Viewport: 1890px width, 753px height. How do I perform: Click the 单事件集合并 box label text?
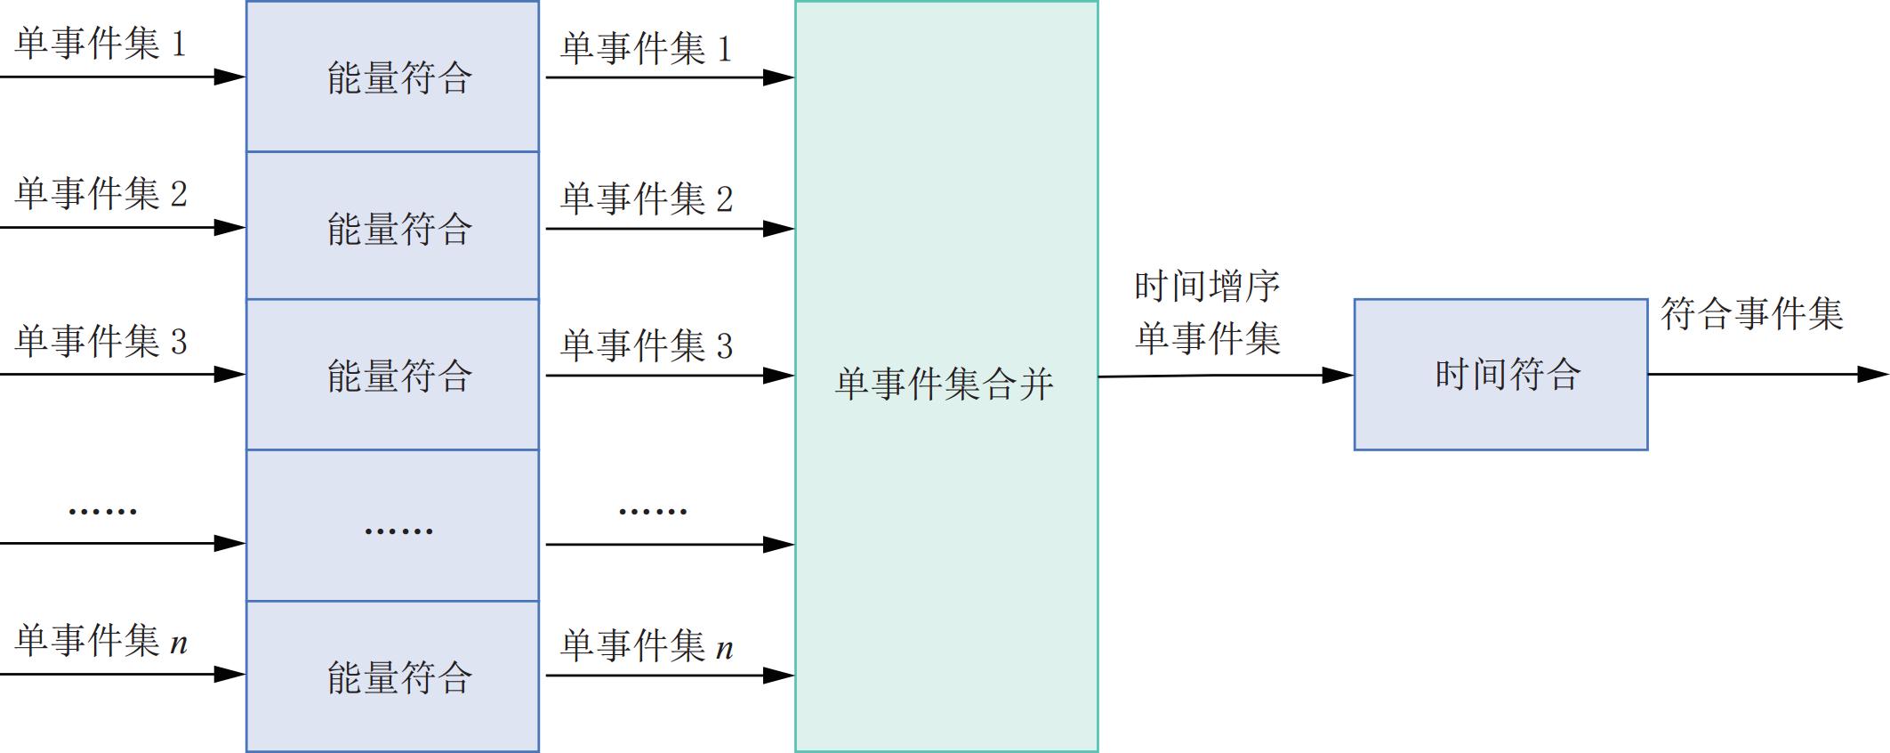945,384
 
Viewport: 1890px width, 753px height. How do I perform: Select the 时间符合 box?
1500,375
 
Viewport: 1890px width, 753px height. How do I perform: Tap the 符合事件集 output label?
1751,314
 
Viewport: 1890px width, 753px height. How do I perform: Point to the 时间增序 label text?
1207,287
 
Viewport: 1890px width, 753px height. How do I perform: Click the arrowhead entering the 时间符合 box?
1338,376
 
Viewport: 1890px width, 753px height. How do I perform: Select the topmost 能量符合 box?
392,77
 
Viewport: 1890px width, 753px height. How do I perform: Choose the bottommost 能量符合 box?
392,676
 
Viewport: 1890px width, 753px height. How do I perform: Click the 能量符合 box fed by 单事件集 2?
392,227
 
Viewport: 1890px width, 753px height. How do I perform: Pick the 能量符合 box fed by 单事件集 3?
392,375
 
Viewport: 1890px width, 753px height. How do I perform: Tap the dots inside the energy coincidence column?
398,530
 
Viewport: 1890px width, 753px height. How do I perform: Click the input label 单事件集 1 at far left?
101,43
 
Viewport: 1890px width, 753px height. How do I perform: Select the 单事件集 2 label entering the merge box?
647,198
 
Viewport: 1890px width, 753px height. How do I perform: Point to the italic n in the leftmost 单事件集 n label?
179,643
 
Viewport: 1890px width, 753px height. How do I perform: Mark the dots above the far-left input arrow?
102,511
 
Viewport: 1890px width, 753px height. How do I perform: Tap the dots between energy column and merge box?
653,511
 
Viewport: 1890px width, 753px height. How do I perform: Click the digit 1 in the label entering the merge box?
725,49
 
